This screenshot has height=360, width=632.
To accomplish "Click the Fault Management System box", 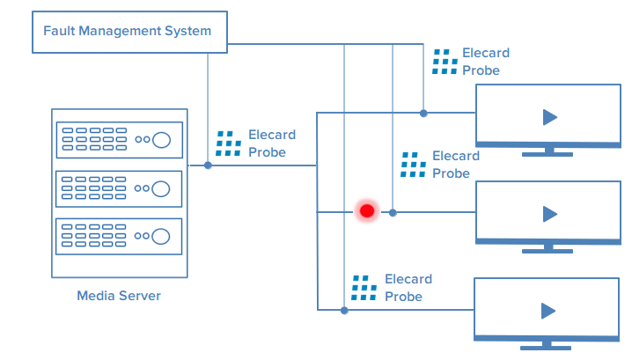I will (128, 31).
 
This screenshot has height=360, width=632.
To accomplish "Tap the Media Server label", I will (119, 296).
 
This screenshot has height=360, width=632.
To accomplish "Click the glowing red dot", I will (366, 211).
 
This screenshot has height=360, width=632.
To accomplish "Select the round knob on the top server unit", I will (161, 139).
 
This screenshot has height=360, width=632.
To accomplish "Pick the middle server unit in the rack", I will (119, 187).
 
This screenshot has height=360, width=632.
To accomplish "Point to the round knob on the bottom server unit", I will (161, 236).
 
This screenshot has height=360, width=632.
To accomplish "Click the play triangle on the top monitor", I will (549, 117).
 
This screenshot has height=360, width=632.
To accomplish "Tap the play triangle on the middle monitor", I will (549, 213).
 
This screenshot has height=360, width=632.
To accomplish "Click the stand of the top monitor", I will (547, 151).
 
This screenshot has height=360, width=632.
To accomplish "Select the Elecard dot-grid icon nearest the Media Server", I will (228, 143).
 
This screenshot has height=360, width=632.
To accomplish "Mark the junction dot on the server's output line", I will (209, 165).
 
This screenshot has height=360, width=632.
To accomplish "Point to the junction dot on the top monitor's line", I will (423, 113).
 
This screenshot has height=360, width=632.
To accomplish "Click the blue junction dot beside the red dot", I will (393, 212).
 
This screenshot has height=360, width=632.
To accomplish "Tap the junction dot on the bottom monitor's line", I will (344, 310).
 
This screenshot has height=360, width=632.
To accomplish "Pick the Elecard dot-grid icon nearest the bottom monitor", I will (364, 288).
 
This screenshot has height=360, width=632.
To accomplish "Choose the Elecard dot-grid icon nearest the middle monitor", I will (413, 165).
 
